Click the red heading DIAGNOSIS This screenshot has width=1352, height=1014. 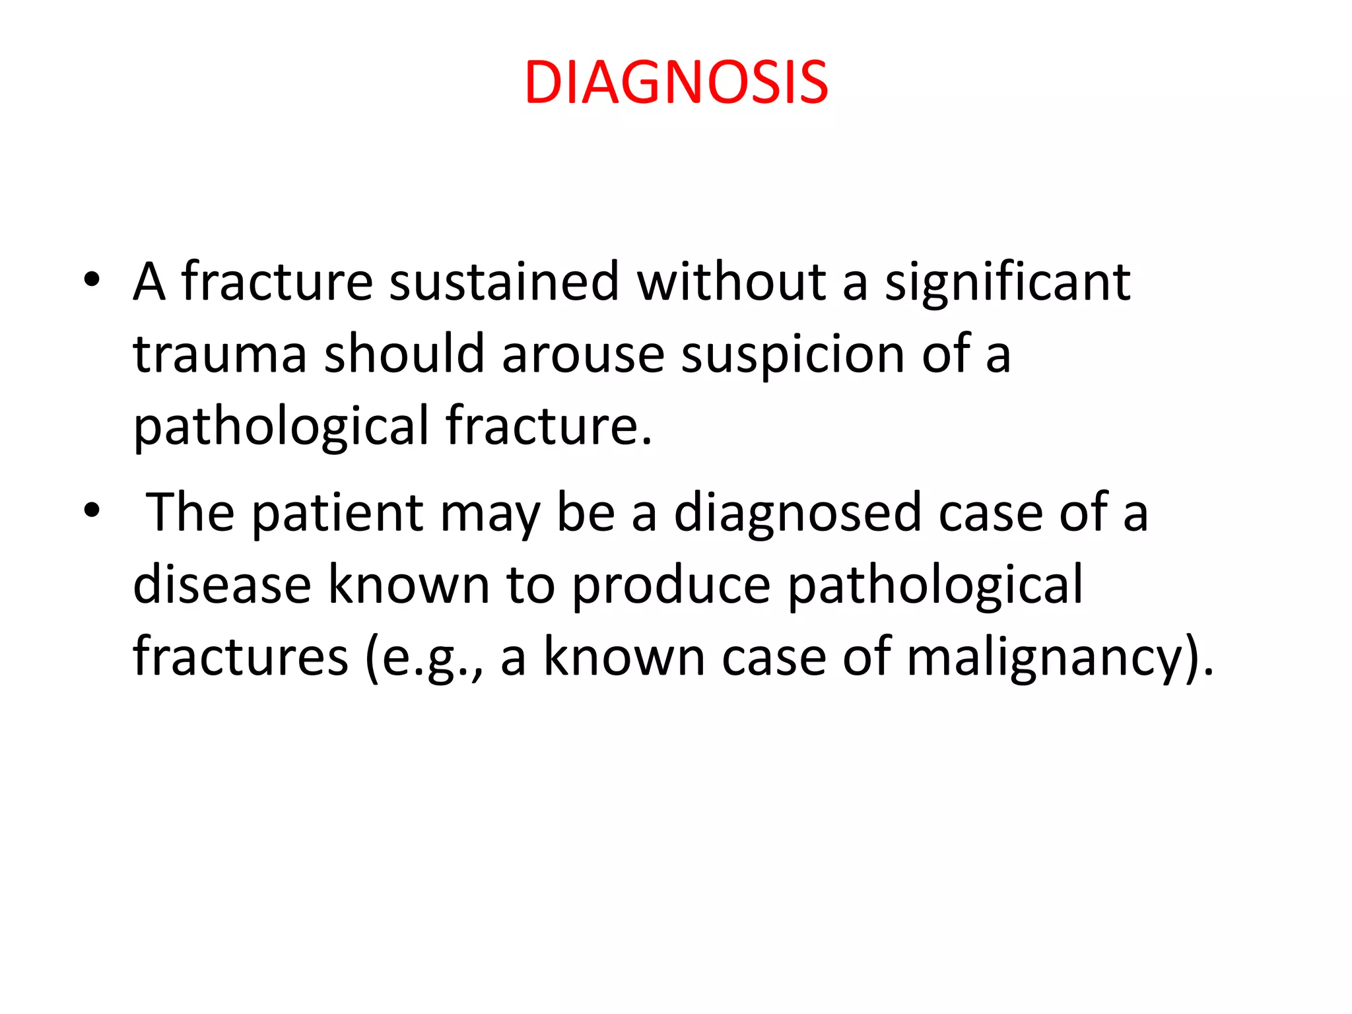coord(676,83)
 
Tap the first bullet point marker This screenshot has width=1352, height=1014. coord(92,280)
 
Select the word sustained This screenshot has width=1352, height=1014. coord(504,282)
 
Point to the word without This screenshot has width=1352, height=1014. coord(731,282)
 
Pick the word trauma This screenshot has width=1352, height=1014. coord(220,355)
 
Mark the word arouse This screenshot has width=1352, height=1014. coord(582,355)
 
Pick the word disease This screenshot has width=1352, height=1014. coord(222,585)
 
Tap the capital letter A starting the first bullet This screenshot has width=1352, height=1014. coord(149,282)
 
